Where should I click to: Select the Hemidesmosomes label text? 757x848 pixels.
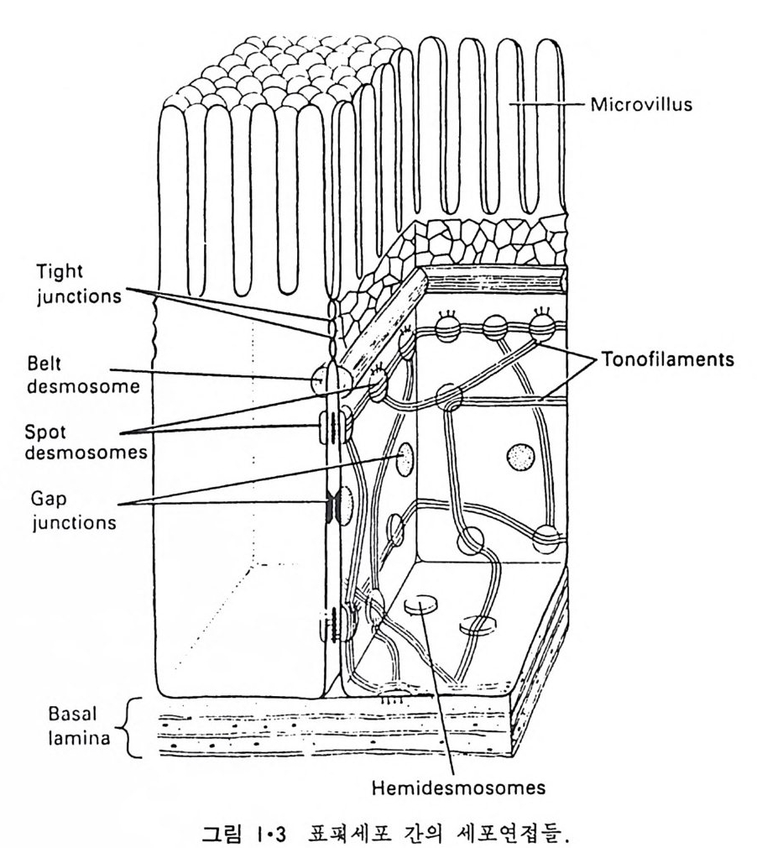tap(454, 790)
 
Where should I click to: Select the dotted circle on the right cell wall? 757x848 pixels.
tap(520, 457)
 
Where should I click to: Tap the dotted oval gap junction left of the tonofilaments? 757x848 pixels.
tap(406, 458)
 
